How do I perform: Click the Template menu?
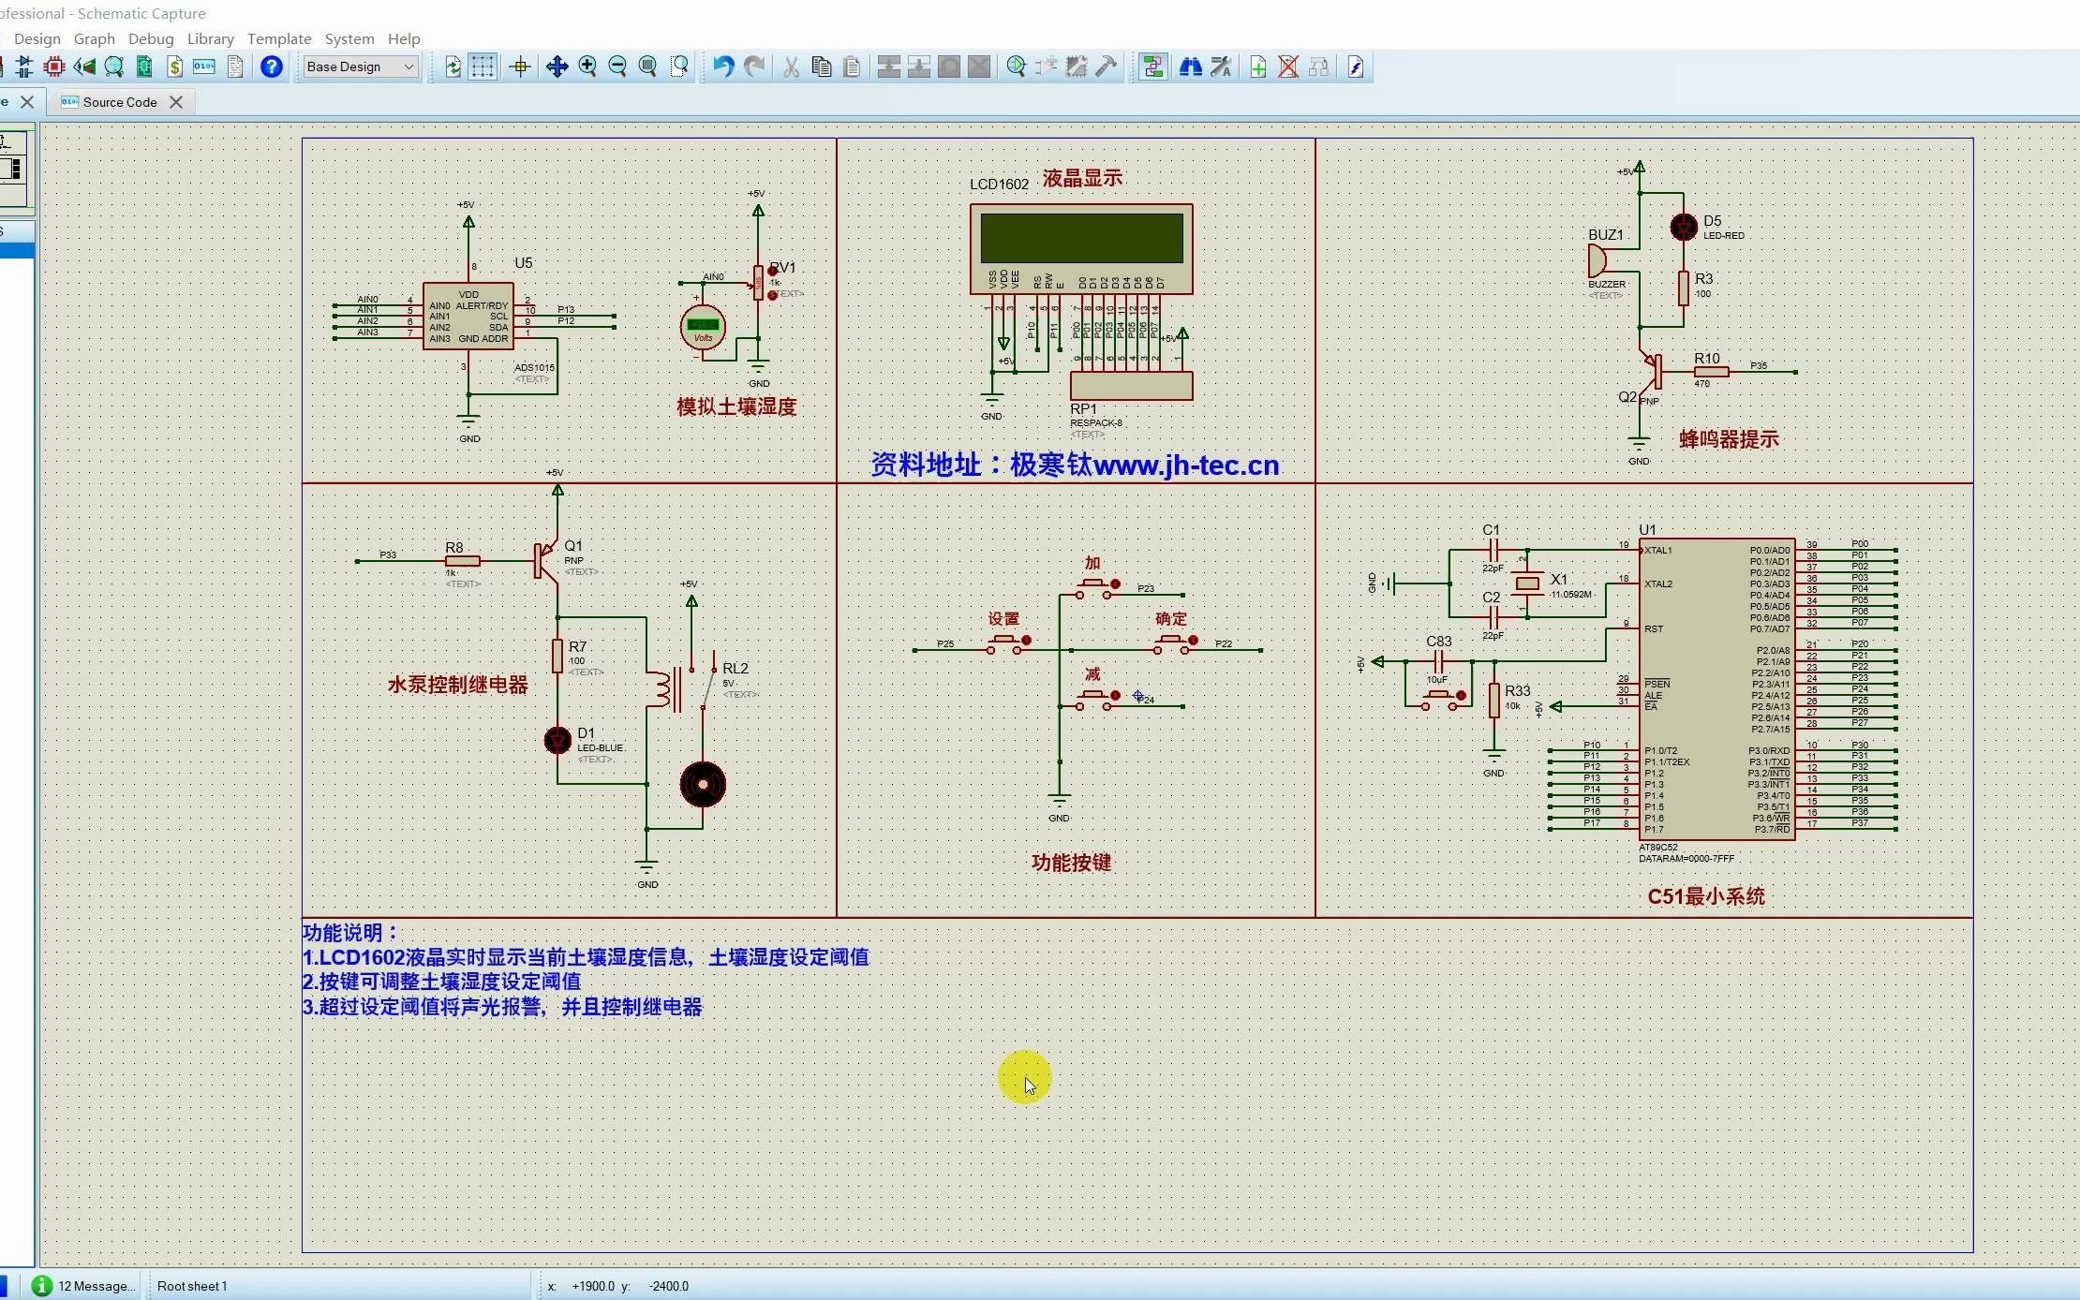[x=278, y=38]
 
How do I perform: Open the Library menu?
[x=210, y=38]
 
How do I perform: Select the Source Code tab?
[x=119, y=102]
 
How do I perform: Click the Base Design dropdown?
[x=361, y=66]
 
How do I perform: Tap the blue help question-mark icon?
[x=272, y=66]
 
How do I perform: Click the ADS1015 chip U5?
[x=468, y=317]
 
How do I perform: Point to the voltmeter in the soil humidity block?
[x=703, y=327]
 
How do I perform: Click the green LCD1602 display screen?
[x=1081, y=238]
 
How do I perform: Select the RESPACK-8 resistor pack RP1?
[x=1131, y=386]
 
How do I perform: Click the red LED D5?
[x=1684, y=228]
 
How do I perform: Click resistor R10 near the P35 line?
[x=1711, y=372]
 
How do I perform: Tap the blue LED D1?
[x=557, y=741]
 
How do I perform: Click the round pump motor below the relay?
[x=703, y=785]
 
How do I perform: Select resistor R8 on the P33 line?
[x=463, y=561]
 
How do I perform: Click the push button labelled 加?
[x=1092, y=586]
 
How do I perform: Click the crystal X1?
[x=1527, y=584]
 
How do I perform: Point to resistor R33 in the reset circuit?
[x=1494, y=700]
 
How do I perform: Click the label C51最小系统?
[x=1705, y=896]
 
